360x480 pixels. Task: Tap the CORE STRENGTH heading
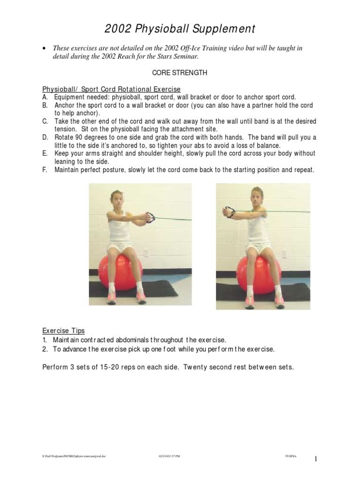180,74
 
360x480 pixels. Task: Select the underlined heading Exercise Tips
63,330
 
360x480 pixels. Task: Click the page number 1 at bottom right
316,459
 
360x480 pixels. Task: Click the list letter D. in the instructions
45,137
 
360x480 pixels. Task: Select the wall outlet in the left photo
146,254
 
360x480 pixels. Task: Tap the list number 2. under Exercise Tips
45,349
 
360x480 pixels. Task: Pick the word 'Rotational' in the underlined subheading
133,89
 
